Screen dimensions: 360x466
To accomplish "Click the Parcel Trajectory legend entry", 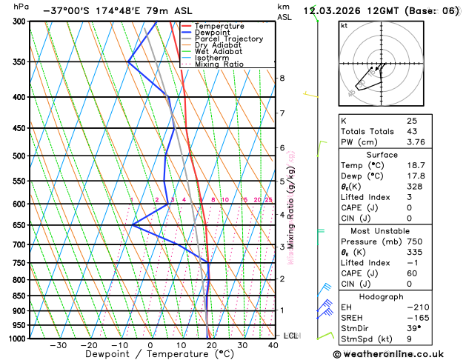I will pos(227,39).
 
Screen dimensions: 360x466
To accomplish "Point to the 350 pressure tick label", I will pos(19,62).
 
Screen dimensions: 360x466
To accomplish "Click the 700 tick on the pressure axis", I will pos(19,244).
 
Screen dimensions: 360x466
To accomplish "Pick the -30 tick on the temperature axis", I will pos(58,345).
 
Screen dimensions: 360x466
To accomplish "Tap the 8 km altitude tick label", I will pos(282,78).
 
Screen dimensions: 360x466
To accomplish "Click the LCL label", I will pos(290,336).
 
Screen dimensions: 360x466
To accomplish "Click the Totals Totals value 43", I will pos(412,131).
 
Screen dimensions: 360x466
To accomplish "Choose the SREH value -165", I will pos(416,317).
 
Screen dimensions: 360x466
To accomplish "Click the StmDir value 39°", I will pos(413,327).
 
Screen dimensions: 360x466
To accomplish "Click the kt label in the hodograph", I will pos(344,25).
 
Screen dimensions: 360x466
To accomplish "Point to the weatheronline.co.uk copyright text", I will pos(398,353).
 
